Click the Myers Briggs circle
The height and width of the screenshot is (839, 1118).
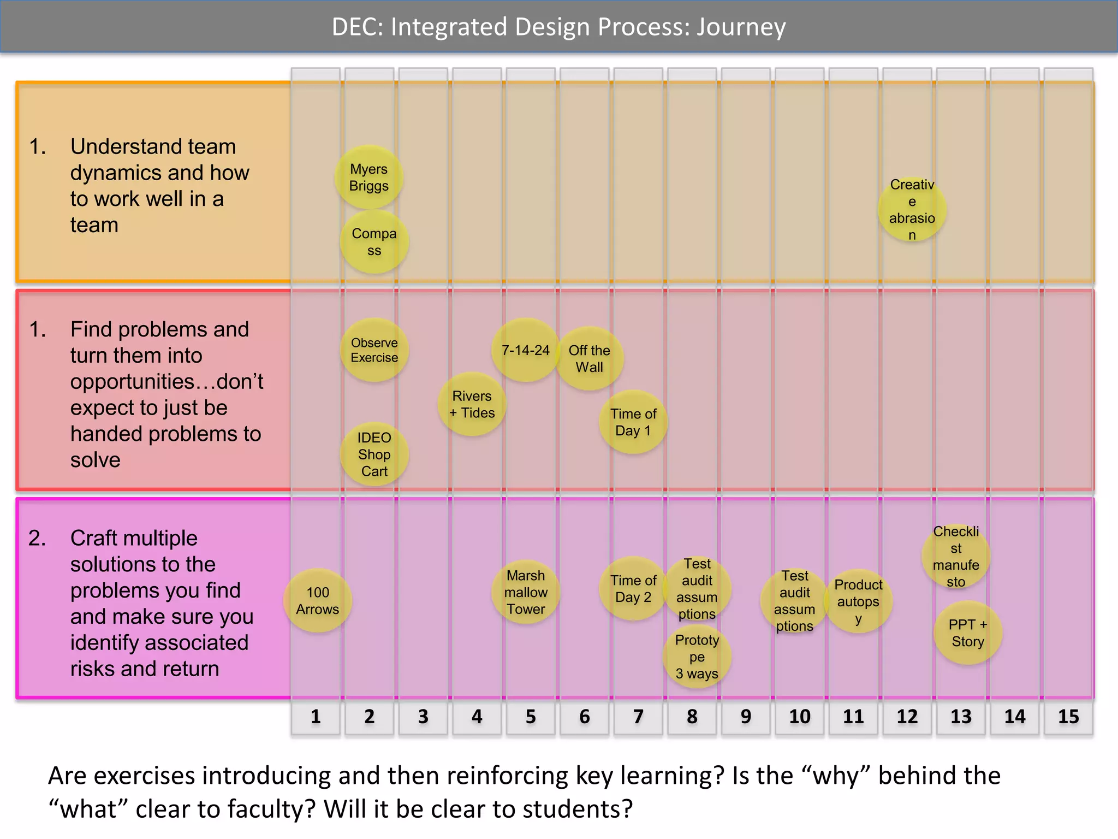click(369, 177)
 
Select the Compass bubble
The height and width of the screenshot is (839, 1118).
click(374, 241)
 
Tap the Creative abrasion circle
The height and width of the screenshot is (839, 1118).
click(912, 210)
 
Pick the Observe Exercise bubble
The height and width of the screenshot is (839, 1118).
click(374, 350)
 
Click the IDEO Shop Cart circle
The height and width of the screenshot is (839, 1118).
click(374, 454)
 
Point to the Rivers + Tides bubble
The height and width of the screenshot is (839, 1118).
click(472, 404)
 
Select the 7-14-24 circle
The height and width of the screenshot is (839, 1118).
click(525, 350)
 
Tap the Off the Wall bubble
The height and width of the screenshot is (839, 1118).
click(589, 358)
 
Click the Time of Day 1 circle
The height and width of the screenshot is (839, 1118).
click(633, 422)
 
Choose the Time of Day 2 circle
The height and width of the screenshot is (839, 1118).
click(633, 588)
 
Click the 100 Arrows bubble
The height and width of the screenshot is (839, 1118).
click(318, 601)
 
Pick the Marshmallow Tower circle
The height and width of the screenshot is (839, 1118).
click(525, 592)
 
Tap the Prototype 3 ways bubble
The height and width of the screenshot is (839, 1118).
click(697, 657)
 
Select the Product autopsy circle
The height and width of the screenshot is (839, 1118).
click(858, 601)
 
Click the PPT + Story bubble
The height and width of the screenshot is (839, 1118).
click(967, 633)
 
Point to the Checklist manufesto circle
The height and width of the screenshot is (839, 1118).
click(955, 557)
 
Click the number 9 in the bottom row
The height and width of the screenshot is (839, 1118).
click(745, 716)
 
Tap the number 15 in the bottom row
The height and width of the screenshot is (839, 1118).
click(1068, 716)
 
